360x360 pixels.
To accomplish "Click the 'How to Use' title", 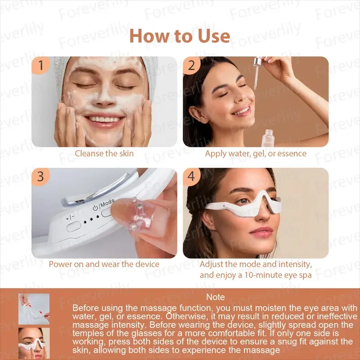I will coord(180,36).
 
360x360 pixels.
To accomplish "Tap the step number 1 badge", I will coord(41,66).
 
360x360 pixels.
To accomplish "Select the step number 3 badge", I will coord(41,177).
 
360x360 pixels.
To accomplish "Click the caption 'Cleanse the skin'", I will coord(104,153).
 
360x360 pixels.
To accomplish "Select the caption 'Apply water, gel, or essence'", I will coord(256,153).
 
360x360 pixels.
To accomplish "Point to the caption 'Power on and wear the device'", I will coord(104,264).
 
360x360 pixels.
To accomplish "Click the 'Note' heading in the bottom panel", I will coord(215,297).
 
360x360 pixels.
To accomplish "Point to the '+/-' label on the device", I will coord(70,218).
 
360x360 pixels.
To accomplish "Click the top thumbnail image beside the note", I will coord(34,309).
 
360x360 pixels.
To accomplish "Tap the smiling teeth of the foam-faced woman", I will coord(104,119).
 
